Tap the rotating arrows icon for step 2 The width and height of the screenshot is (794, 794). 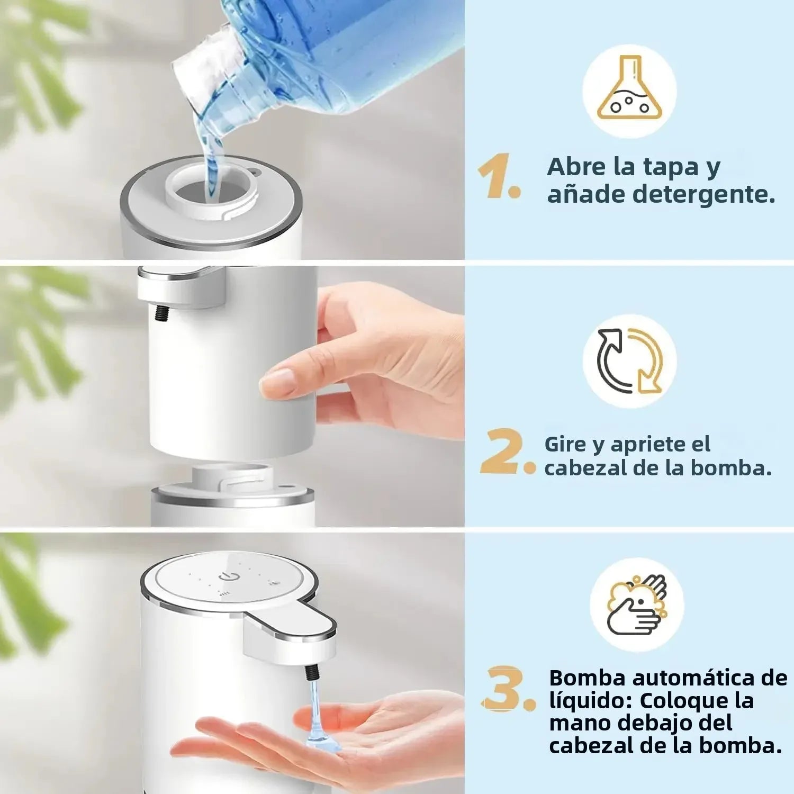(629, 361)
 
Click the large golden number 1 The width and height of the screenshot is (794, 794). (497, 176)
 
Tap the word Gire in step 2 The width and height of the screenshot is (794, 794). (565, 444)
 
